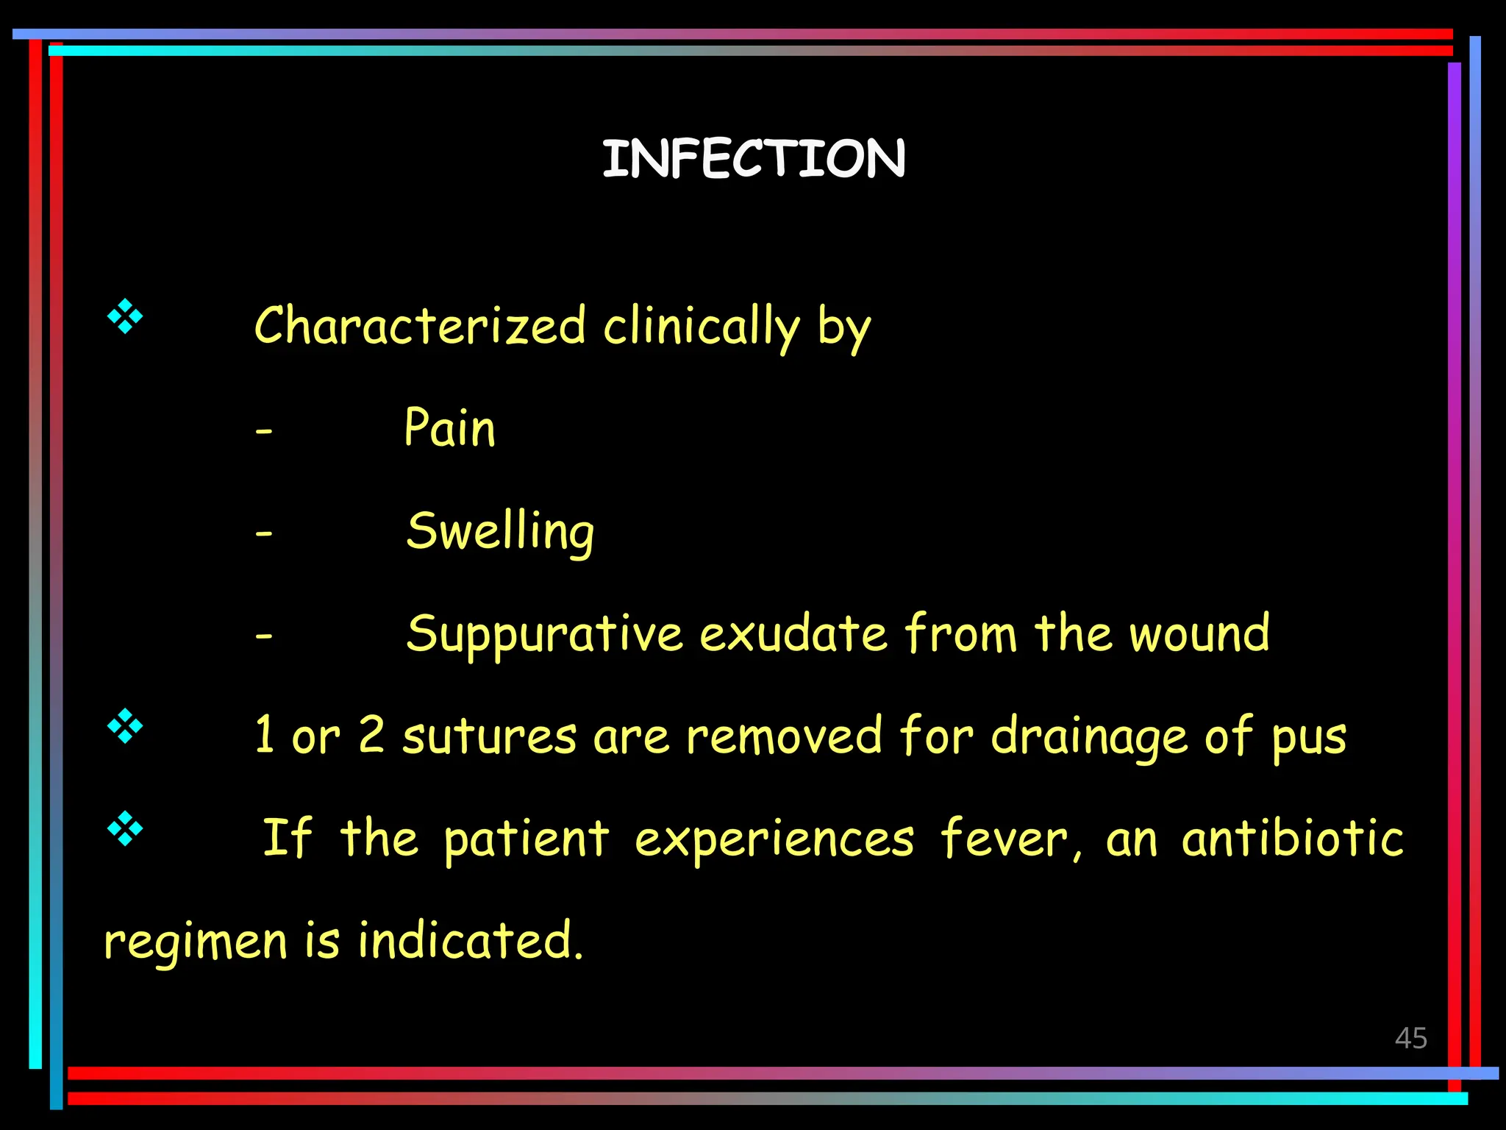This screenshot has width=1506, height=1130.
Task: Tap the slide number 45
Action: pyautogui.click(x=1410, y=1038)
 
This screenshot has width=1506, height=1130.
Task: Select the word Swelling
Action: pyautogui.click(x=500, y=531)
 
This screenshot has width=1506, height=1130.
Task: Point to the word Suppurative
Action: pyautogui.click(x=544, y=634)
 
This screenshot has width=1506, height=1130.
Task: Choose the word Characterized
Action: pyautogui.click(x=420, y=326)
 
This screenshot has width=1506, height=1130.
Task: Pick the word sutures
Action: pyautogui.click(x=489, y=736)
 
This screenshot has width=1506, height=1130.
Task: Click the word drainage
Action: pyautogui.click(x=1088, y=737)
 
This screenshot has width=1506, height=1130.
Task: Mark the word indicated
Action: pyautogui.click(x=471, y=940)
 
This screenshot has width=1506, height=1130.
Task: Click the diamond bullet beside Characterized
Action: pyautogui.click(x=125, y=317)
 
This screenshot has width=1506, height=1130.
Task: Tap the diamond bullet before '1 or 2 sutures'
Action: pyautogui.click(x=125, y=726)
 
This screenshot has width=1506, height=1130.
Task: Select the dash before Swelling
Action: pyautogui.click(x=264, y=533)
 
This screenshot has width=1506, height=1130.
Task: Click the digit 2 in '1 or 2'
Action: pyautogui.click(x=371, y=734)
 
